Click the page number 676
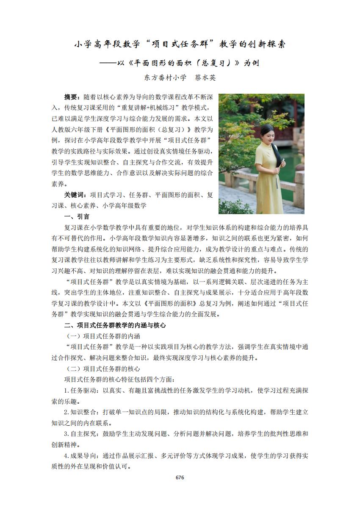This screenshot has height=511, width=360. tap(180, 477)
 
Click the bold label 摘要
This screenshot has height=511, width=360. tap(71, 97)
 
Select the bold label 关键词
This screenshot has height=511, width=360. tap(74, 195)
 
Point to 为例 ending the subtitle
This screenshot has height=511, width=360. tap(251, 63)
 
